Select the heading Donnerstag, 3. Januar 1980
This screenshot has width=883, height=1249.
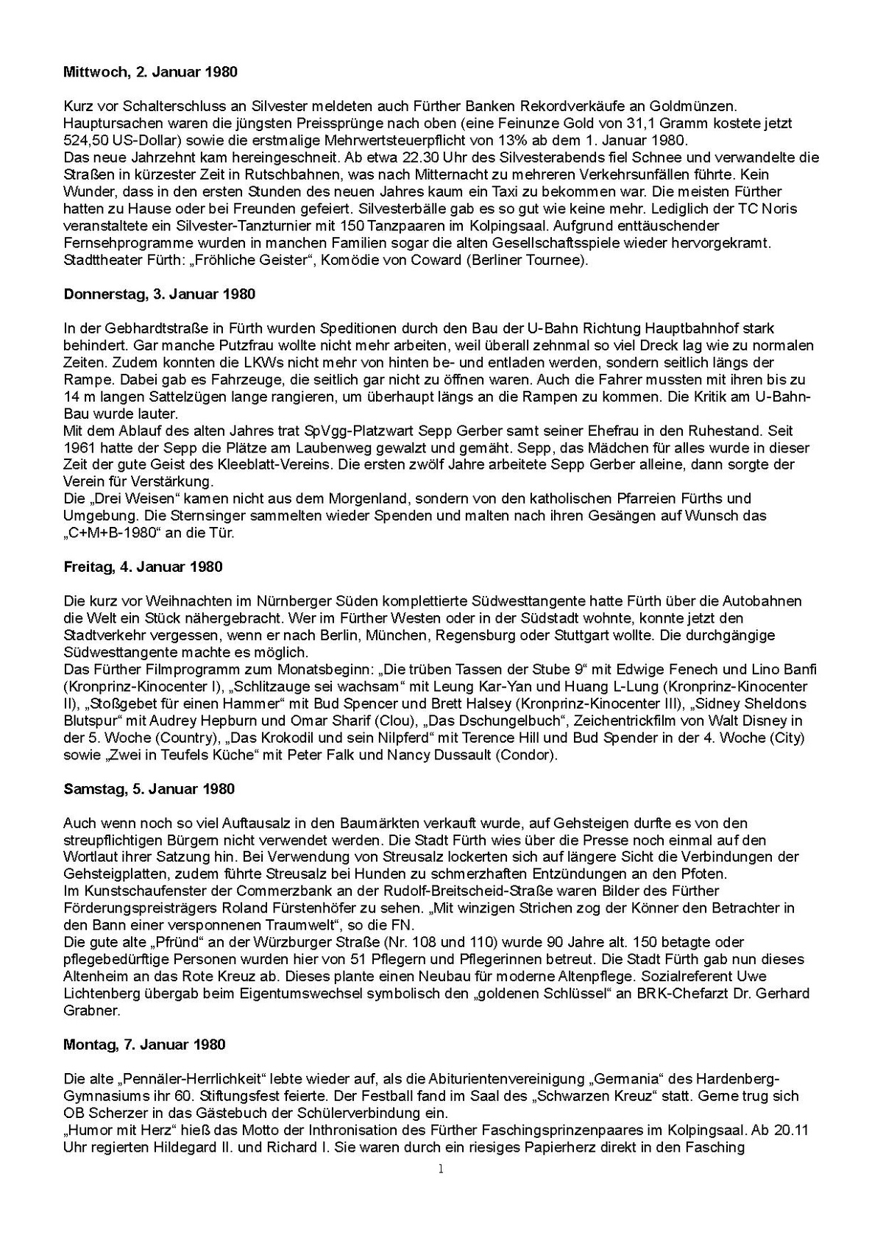pyautogui.click(x=159, y=294)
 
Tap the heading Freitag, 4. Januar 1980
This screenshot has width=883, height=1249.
pyautogui.click(x=143, y=567)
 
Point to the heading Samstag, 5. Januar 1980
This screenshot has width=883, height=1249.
pyautogui.click(x=149, y=789)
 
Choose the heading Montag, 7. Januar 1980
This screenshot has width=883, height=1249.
pyautogui.click(x=144, y=1044)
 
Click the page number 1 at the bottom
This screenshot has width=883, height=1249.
pyautogui.click(x=441, y=1170)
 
